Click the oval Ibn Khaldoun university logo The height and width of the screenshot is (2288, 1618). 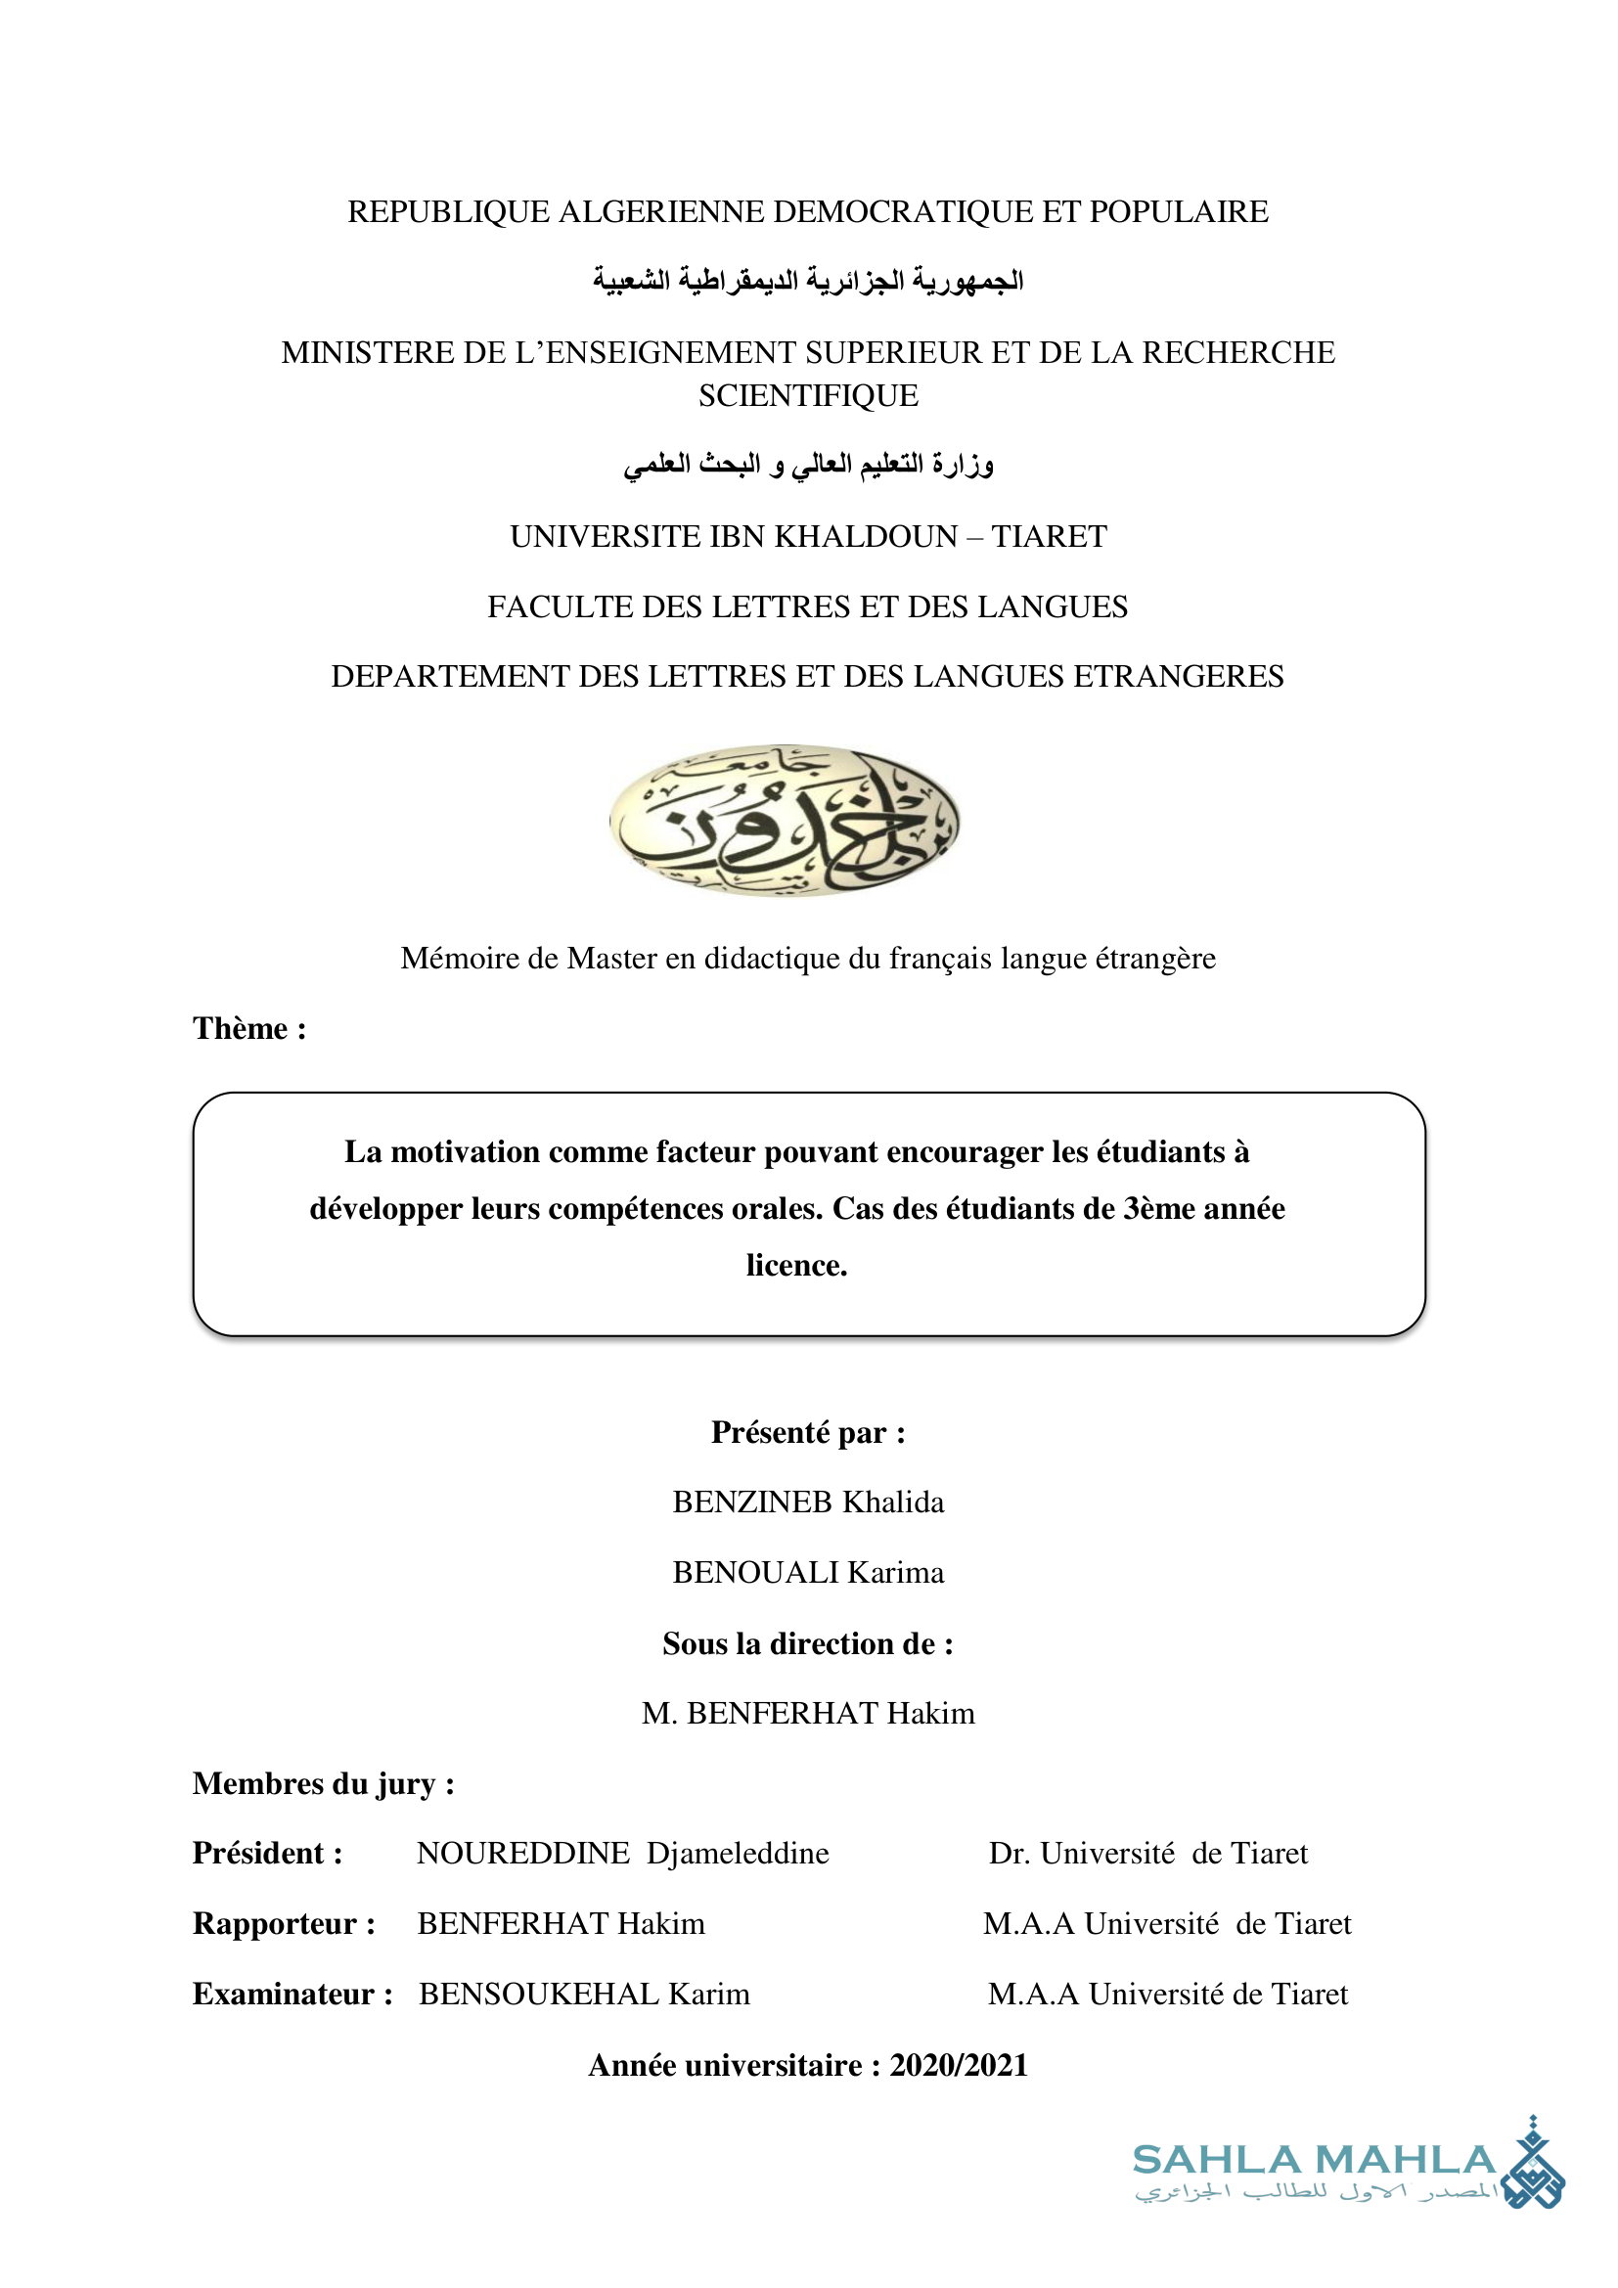(x=786, y=819)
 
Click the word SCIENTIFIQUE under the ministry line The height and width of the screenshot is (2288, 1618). (x=808, y=396)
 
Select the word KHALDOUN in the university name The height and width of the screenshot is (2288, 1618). (x=866, y=537)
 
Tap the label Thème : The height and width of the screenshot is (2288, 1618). (x=249, y=1028)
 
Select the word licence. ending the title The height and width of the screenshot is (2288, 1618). (x=796, y=1266)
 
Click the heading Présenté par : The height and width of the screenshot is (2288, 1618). (x=808, y=1433)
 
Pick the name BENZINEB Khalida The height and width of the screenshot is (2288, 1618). (x=808, y=1503)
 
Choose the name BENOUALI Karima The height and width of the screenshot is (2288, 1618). (x=808, y=1573)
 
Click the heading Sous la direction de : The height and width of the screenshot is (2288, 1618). (x=808, y=1643)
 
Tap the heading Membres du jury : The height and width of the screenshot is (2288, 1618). (x=324, y=1784)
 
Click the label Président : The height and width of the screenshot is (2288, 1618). (x=268, y=1854)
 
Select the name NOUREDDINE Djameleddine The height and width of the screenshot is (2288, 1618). (x=623, y=1854)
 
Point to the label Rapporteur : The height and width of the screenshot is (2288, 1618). (x=284, y=1924)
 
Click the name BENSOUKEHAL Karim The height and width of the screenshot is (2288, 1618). (x=584, y=1994)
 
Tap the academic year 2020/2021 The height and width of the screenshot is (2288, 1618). (x=959, y=2065)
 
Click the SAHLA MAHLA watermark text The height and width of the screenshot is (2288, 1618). (x=1313, y=2161)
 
